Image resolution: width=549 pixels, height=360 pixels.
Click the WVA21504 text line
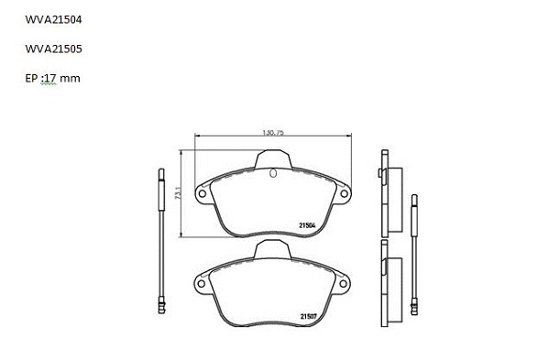point(53,19)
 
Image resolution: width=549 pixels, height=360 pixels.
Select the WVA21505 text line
point(53,49)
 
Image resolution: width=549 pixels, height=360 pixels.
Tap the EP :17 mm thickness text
point(52,78)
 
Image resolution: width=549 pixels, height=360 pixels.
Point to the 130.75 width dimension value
point(273,133)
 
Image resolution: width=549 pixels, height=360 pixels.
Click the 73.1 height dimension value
point(178,193)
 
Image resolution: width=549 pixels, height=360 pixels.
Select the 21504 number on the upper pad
point(307,225)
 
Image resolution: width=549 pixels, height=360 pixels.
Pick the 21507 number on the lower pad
point(309,317)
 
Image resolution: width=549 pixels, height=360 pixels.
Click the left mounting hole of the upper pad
point(202,193)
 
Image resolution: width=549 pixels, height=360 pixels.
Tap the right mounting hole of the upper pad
point(345,193)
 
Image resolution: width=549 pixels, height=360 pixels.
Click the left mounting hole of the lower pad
point(201,283)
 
